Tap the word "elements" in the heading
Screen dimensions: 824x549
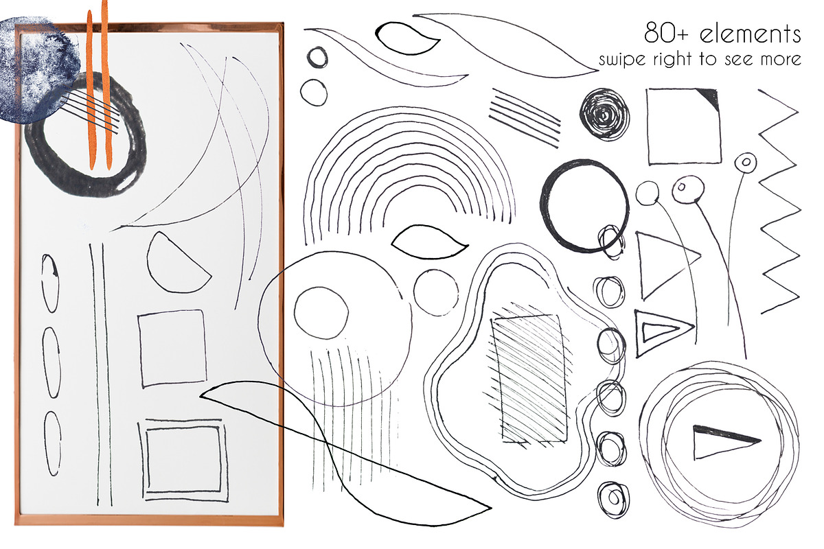point(751,34)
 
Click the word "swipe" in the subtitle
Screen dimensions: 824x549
point(622,60)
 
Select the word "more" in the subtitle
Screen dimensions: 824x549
point(782,60)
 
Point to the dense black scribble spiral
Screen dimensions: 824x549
point(604,115)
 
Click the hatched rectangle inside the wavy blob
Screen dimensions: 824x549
point(529,378)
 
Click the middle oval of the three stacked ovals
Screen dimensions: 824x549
point(44,362)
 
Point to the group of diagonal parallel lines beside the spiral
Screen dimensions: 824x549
point(525,117)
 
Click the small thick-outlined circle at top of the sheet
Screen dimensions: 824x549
point(308,58)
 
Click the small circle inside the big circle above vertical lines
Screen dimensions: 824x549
point(295,312)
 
